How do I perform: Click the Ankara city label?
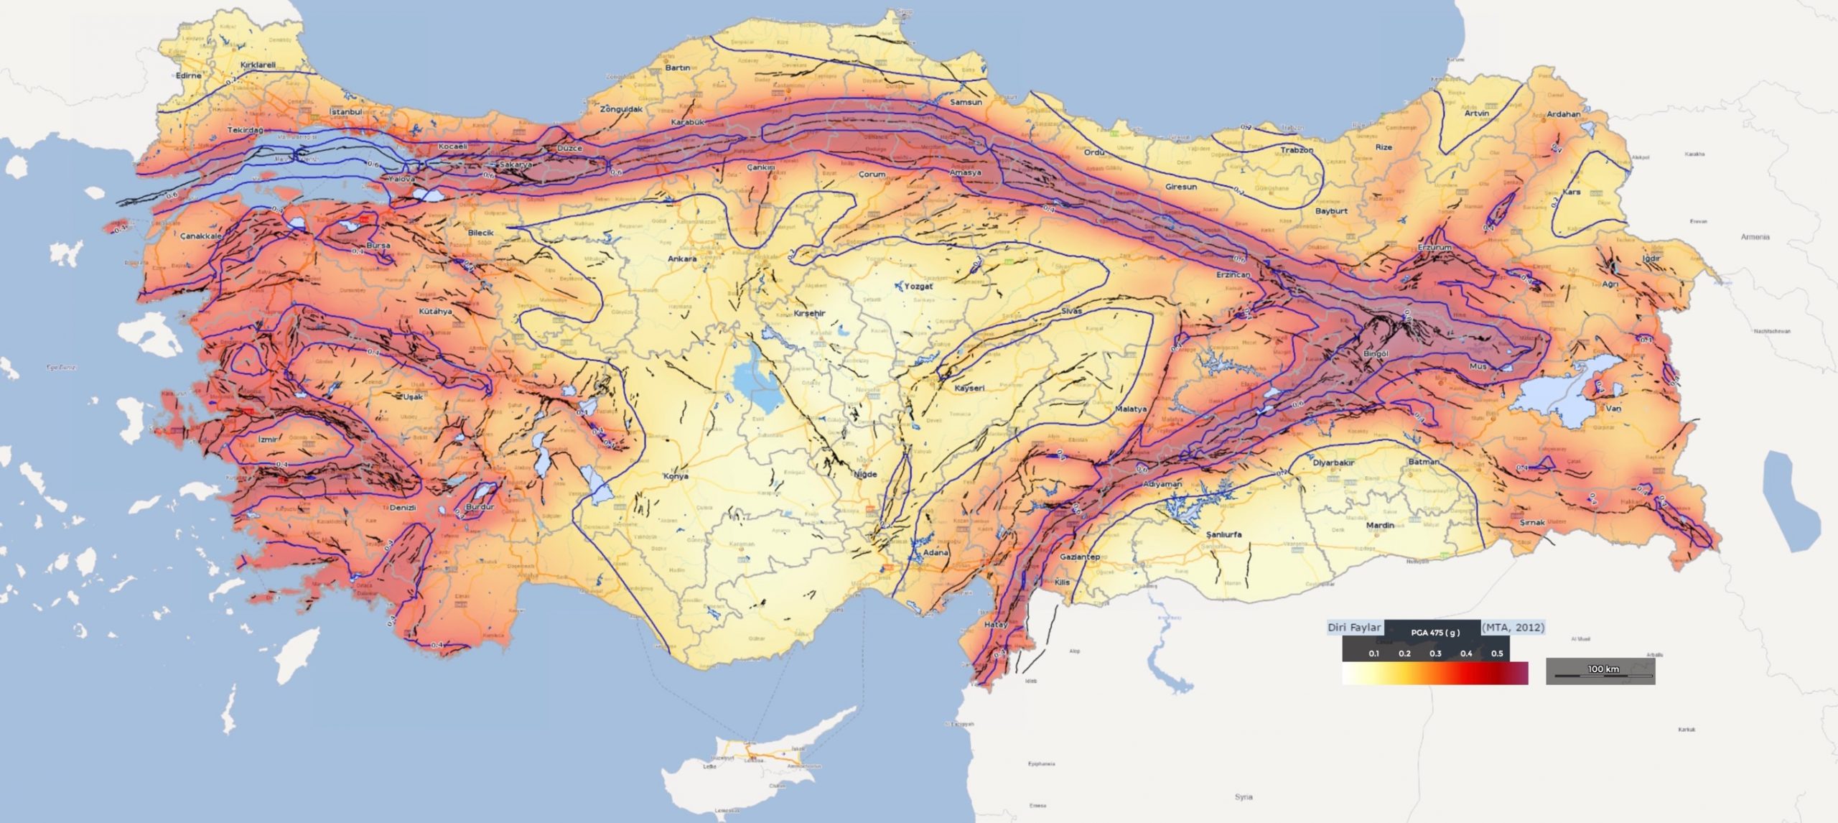tap(682, 259)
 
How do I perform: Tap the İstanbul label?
tap(345, 112)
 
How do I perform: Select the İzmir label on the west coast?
tap(268, 439)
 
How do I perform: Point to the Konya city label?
tap(676, 476)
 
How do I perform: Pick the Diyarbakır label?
tap(1333, 462)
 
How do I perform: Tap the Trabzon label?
tap(1297, 150)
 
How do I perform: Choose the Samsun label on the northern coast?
tap(966, 102)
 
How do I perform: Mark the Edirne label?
tap(189, 75)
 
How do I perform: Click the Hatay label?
tap(996, 625)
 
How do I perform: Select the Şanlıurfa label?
tap(1223, 534)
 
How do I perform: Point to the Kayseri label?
tap(969, 388)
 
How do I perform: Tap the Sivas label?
tap(1071, 311)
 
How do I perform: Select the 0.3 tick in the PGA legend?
tap(1435, 654)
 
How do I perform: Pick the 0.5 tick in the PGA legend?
tap(1497, 654)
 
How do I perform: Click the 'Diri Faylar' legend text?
tap(1354, 627)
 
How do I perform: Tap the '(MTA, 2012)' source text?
tap(1513, 627)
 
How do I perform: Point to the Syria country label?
tap(1244, 796)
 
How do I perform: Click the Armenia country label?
tap(1755, 236)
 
